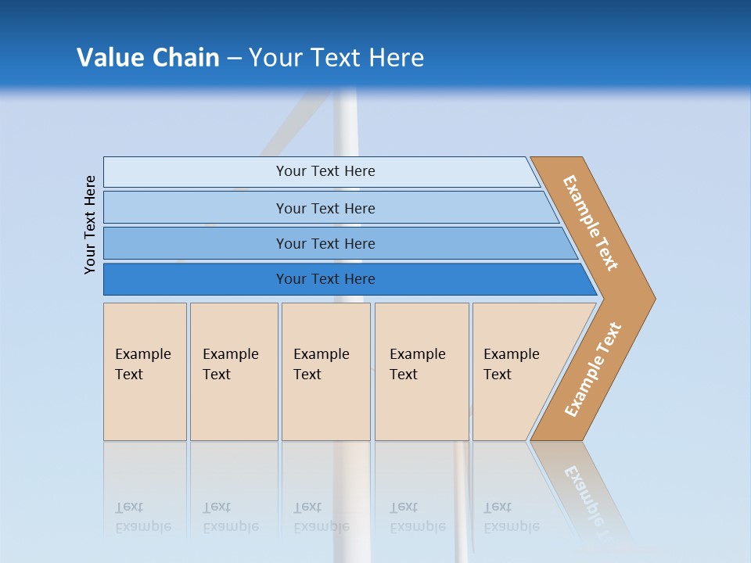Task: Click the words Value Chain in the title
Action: [148, 57]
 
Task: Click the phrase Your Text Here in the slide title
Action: [336, 57]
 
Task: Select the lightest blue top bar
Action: [325, 171]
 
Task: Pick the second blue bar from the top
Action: [325, 208]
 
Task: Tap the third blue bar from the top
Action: [325, 243]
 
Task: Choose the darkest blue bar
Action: [325, 279]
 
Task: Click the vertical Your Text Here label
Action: [90, 224]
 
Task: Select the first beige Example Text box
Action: [145, 371]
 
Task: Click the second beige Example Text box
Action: [233, 371]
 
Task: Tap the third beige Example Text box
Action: [325, 371]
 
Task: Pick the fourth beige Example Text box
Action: [421, 371]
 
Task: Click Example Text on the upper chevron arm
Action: [591, 223]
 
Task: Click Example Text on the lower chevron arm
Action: [593, 370]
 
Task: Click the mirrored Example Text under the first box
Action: [143, 517]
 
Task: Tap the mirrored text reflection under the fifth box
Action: [512, 517]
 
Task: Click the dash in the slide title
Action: [234, 59]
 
